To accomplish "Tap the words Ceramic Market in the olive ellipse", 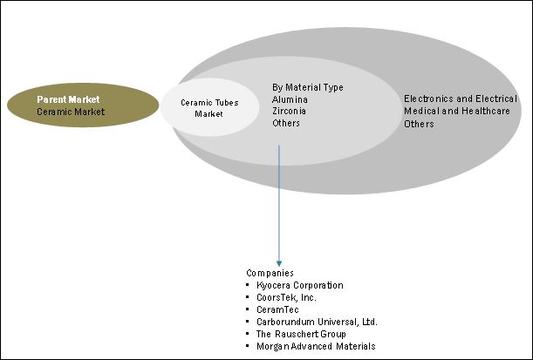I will [x=71, y=112].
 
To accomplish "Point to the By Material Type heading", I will [x=308, y=87].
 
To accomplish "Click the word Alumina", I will [x=290, y=99].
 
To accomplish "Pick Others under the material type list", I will [x=286, y=124].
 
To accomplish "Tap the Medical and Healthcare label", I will [x=448, y=112].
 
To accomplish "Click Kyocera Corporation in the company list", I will [x=300, y=285].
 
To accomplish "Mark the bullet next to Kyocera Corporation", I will [x=249, y=285].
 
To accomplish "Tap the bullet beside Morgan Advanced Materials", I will [x=249, y=346].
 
